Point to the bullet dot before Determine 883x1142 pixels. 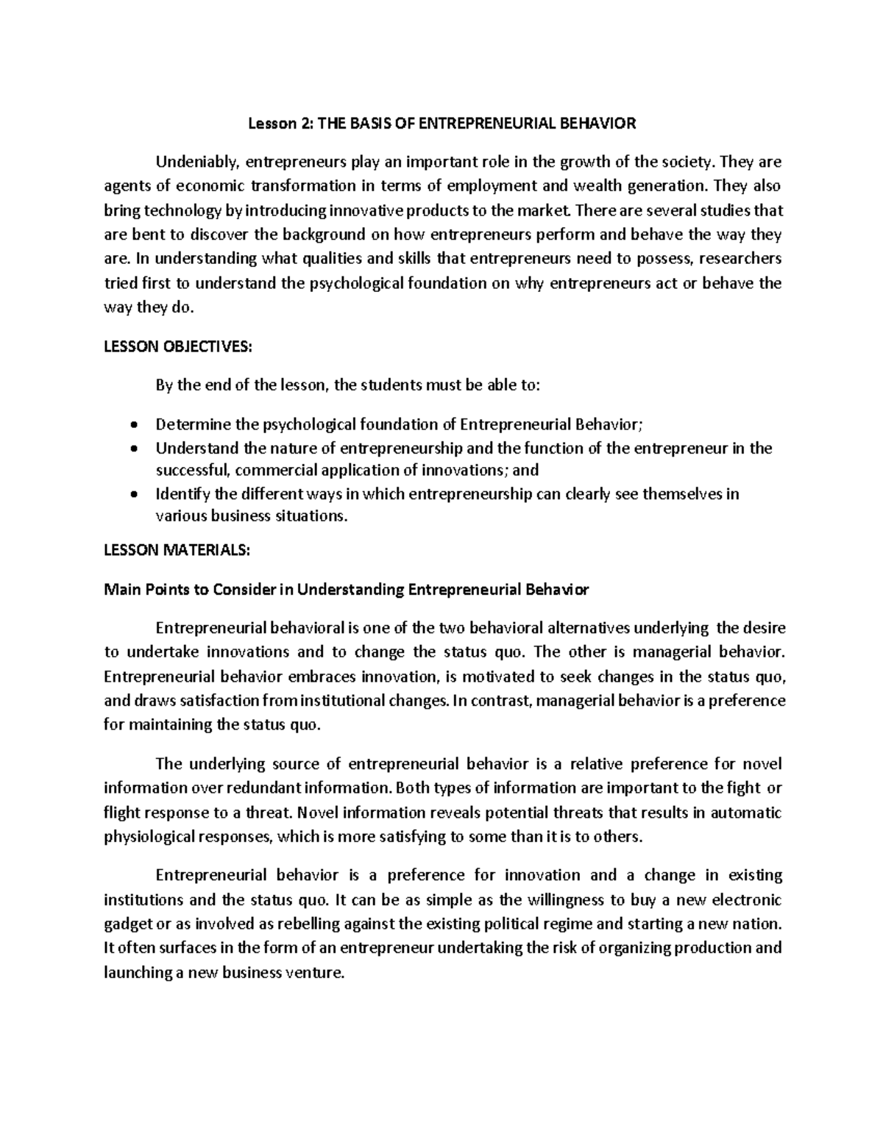point(132,425)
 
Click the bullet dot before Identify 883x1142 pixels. point(132,495)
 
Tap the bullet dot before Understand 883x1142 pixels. point(132,449)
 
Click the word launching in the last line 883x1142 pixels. point(135,972)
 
